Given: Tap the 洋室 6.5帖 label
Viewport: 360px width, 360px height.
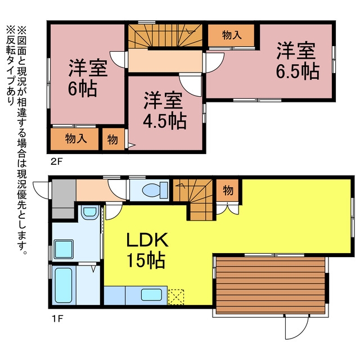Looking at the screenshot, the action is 297,60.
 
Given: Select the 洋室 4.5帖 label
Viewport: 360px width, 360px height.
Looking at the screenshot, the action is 164,110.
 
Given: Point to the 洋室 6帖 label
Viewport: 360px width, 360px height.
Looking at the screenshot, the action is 87,78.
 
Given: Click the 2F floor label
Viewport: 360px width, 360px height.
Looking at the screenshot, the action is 56,161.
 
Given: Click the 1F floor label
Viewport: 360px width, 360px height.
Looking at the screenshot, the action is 57,319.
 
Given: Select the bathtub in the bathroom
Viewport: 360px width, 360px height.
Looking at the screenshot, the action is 64,285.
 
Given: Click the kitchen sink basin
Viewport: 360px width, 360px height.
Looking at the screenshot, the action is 151,295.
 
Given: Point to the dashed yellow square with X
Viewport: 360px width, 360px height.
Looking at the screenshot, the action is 176,297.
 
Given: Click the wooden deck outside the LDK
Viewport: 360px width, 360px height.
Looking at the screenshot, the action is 271,285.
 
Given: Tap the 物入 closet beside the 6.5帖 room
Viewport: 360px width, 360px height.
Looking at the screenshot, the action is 231,35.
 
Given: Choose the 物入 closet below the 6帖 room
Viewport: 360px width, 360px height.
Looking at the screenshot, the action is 75,139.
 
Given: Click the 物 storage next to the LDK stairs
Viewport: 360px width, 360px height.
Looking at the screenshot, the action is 227,190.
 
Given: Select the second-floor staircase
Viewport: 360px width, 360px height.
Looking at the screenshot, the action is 165,35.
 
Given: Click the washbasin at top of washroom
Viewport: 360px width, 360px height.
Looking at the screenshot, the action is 89,213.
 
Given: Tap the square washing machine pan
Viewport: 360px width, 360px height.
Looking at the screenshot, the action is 64,249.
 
